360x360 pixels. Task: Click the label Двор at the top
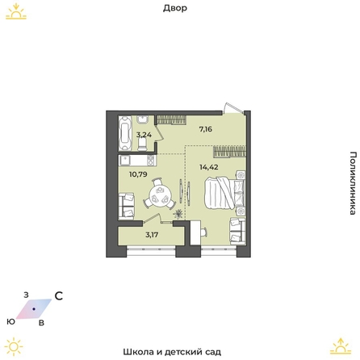[175, 8]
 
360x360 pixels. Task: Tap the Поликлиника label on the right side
[353, 183]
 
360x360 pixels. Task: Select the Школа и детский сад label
[172, 352]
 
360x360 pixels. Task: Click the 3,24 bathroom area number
[144, 135]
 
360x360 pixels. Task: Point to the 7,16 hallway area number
[206, 129]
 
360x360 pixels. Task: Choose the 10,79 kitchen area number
[138, 174]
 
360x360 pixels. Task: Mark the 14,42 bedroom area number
[209, 167]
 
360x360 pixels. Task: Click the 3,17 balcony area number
[152, 235]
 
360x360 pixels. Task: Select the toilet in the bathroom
[142, 144]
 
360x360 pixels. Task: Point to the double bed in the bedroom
[224, 193]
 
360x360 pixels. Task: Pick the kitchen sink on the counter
[124, 161]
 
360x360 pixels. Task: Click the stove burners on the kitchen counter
[151, 161]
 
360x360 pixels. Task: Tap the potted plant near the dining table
[178, 214]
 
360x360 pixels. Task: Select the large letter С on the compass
[59, 296]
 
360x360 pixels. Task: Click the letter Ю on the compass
[11, 321]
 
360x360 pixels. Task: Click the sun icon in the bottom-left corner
[14, 346]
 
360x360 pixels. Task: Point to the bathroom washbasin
[142, 119]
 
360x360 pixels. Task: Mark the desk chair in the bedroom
[203, 231]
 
